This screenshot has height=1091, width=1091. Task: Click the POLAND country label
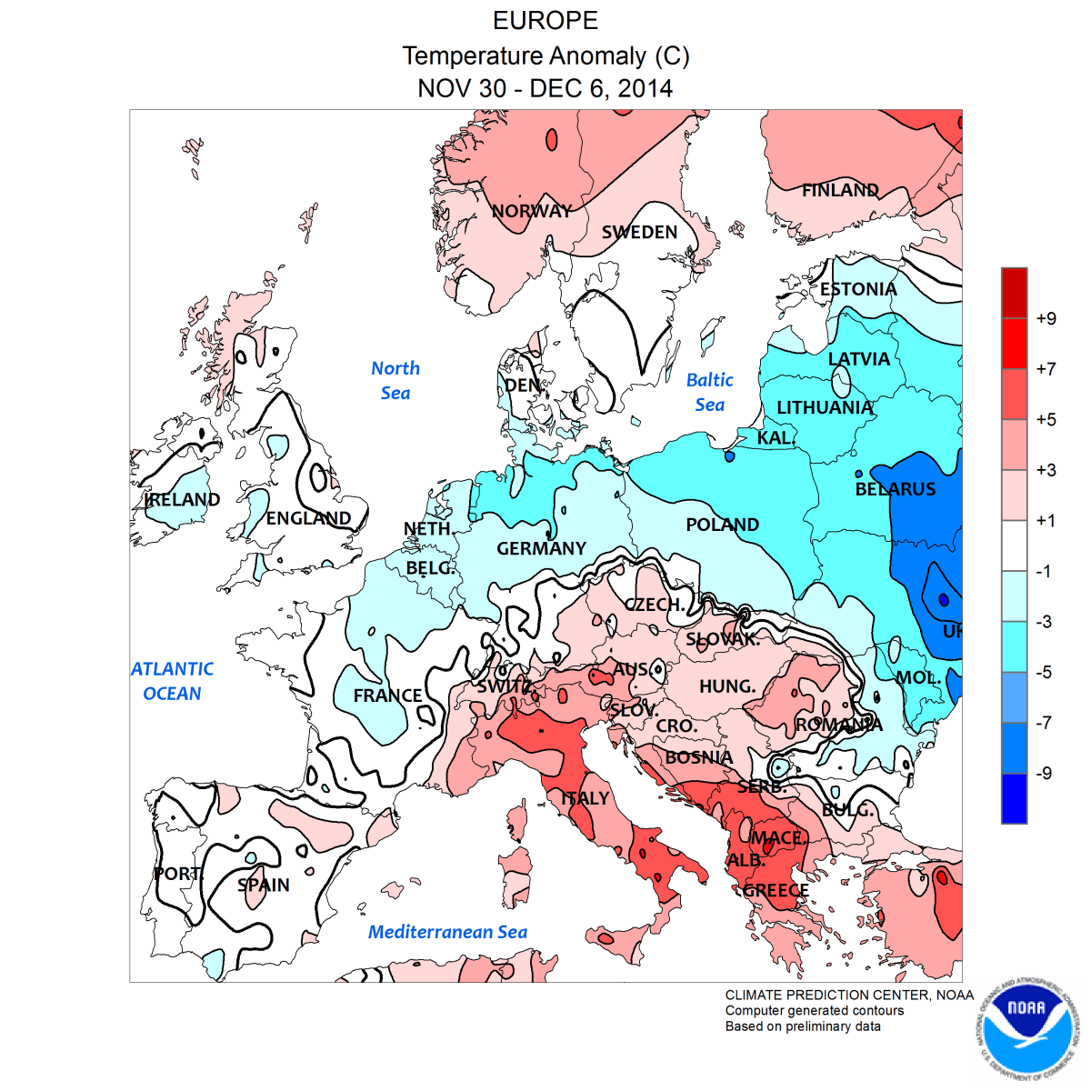(722, 525)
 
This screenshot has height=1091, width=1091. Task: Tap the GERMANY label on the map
(541, 548)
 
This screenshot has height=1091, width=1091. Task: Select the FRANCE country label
(387, 696)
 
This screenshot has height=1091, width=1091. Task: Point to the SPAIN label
(264, 885)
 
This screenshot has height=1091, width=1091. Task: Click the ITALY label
(585, 798)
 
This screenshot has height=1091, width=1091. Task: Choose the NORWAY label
(532, 211)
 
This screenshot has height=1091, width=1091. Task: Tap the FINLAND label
(840, 190)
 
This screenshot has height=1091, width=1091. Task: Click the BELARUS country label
(896, 489)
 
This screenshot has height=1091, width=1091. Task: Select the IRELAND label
(183, 499)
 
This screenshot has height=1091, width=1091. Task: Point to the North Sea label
(395, 380)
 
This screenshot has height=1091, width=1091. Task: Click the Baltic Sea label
(709, 392)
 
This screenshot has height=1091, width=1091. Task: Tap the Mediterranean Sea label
(447, 932)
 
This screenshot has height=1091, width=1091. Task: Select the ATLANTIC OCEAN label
(172, 681)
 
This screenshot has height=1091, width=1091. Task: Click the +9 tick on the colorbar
(1046, 318)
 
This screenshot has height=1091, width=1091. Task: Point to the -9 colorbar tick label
(1046, 773)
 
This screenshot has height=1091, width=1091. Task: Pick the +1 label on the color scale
(1046, 520)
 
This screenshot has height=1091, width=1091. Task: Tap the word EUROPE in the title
(545, 21)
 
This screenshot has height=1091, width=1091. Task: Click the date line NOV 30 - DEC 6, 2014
(545, 88)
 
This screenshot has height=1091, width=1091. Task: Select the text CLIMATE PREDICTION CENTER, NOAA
(849, 995)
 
